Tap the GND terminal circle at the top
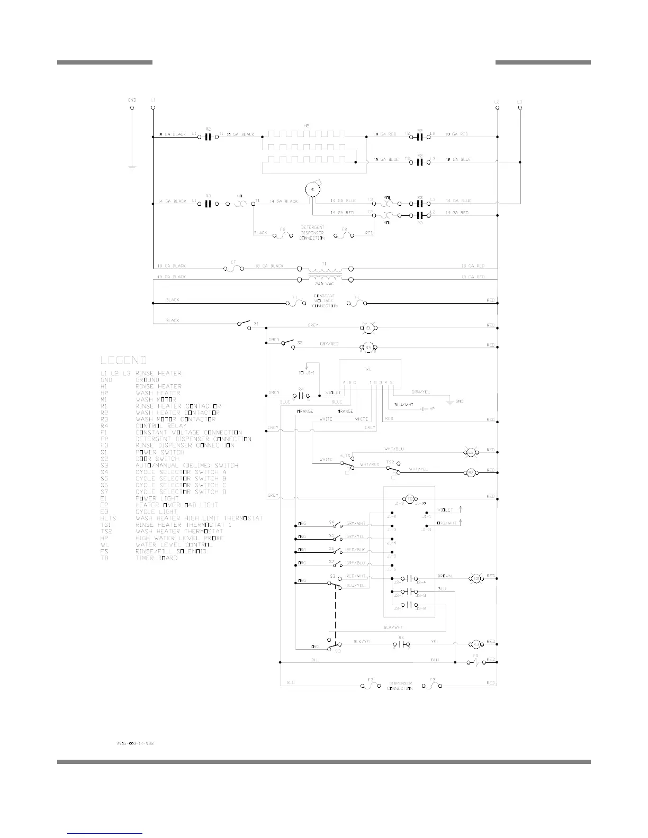pos(132,108)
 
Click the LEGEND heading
pos(123,360)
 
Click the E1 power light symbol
pos(369,329)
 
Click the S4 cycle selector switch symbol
pos(335,524)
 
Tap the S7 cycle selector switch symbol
pos(335,564)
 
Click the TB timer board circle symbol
pos(410,499)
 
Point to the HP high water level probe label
pos(432,408)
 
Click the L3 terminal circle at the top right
pos(520,108)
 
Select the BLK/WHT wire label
pos(394,627)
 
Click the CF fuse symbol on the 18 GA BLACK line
pos(234,268)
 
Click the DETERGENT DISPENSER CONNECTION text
pos(312,233)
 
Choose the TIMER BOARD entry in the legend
pos(157,558)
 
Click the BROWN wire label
pos(444,576)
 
